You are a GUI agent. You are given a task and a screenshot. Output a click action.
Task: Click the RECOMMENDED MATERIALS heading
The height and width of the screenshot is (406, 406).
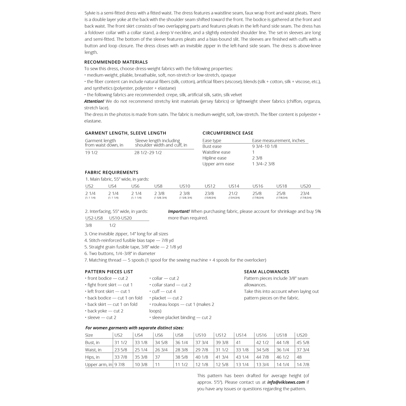[x=116, y=62]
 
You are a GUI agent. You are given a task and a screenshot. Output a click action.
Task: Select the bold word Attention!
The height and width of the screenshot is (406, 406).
[x=94, y=101]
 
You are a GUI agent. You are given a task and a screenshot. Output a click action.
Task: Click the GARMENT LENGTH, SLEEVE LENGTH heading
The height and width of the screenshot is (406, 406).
[x=125, y=133]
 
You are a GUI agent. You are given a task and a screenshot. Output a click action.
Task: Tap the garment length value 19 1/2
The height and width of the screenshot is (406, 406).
[x=91, y=153]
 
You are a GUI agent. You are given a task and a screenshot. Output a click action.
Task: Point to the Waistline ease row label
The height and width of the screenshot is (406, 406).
[x=216, y=152]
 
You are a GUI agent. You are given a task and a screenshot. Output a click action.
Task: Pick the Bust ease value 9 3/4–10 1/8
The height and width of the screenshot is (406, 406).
[x=264, y=146]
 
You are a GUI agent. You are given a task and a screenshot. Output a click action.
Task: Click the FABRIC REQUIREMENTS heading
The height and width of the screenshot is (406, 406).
[x=111, y=172]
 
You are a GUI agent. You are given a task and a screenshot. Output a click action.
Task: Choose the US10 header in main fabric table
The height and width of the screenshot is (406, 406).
[x=185, y=186]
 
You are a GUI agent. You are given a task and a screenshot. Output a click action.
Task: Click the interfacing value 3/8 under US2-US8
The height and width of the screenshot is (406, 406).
[x=88, y=225]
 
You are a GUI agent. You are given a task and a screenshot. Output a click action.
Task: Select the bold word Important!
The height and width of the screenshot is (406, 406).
[x=179, y=211]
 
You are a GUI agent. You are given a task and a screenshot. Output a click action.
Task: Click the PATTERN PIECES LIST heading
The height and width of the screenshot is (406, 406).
[x=109, y=272]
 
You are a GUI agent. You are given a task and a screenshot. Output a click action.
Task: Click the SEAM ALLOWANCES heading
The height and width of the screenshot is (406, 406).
[x=266, y=272]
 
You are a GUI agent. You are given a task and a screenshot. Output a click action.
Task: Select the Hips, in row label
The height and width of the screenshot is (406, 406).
[x=92, y=357]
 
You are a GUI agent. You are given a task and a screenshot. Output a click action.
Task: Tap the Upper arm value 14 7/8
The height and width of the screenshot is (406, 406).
[x=303, y=365]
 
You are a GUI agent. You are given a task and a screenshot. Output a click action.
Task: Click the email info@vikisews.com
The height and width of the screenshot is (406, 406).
[x=286, y=382]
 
